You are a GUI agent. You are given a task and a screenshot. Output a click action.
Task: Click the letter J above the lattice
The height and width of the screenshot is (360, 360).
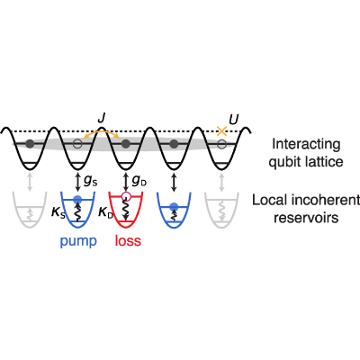pyautogui.click(x=102, y=119)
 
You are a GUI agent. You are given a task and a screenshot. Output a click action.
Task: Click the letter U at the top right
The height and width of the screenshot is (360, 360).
pyautogui.click(x=234, y=120)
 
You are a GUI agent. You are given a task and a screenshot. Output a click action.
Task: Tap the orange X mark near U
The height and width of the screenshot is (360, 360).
pyautogui.click(x=221, y=131)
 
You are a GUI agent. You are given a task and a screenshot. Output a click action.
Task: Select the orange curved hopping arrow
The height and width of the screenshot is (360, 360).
pyautogui.click(x=102, y=132)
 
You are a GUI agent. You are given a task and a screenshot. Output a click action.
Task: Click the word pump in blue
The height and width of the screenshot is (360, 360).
pyautogui.click(x=78, y=241)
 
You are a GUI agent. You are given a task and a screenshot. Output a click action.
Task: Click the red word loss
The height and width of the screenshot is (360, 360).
pyautogui.click(x=128, y=241)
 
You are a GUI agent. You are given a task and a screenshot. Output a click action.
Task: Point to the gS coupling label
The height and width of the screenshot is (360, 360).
pyautogui.click(x=90, y=182)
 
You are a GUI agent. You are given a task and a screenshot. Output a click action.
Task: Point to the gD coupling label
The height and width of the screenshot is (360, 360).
pyautogui.click(x=139, y=182)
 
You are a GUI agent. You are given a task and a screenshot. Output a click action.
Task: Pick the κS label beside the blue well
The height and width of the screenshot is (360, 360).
pyautogui.click(x=58, y=213)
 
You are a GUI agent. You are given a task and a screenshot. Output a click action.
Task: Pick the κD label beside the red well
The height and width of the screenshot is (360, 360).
pyautogui.click(x=105, y=213)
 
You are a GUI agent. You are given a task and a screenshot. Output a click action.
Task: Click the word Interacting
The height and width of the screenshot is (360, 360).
pyautogui.click(x=306, y=145)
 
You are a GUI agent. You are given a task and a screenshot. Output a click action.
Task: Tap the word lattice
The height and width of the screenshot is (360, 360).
pyautogui.click(x=326, y=162)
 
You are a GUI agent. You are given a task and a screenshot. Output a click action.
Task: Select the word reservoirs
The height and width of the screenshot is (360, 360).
pyautogui.click(x=306, y=218)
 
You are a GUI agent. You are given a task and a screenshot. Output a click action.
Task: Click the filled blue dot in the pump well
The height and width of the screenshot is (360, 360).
pyautogui.click(x=77, y=198)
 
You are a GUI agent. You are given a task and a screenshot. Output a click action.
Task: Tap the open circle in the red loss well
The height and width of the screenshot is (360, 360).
pyautogui.click(x=126, y=196)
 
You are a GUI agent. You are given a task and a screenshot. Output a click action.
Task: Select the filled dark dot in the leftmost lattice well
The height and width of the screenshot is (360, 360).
pyautogui.click(x=30, y=144)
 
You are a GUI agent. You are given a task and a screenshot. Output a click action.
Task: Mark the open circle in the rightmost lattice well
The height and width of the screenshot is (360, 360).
pyautogui.click(x=221, y=144)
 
